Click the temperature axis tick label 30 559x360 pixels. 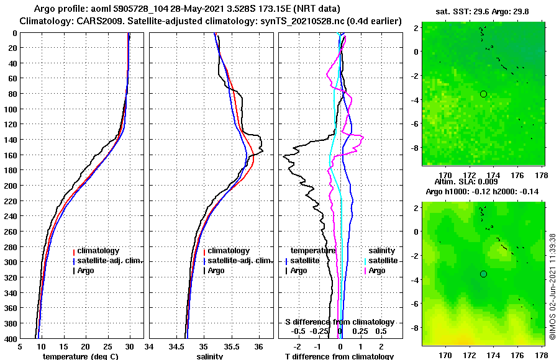click(129, 348)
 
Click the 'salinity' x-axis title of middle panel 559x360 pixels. click(210, 356)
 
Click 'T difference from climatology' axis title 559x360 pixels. click(339, 356)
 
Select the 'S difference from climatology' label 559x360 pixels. click(339, 322)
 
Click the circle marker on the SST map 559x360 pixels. click(483, 94)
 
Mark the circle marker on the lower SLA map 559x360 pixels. click(483, 274)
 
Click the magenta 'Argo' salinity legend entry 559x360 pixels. click(376, 271)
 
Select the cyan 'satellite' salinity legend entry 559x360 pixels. click(382, 261)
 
